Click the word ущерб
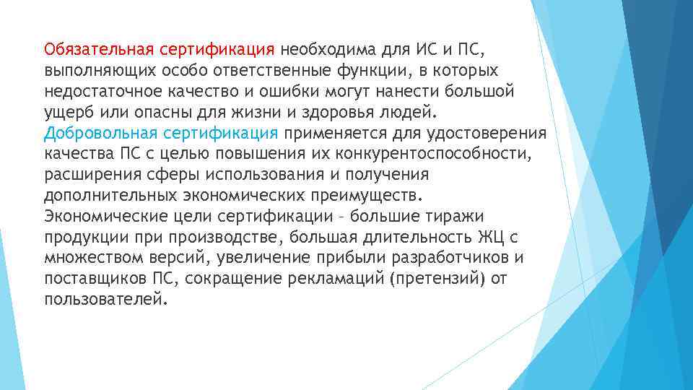66,113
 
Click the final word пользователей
105,300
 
